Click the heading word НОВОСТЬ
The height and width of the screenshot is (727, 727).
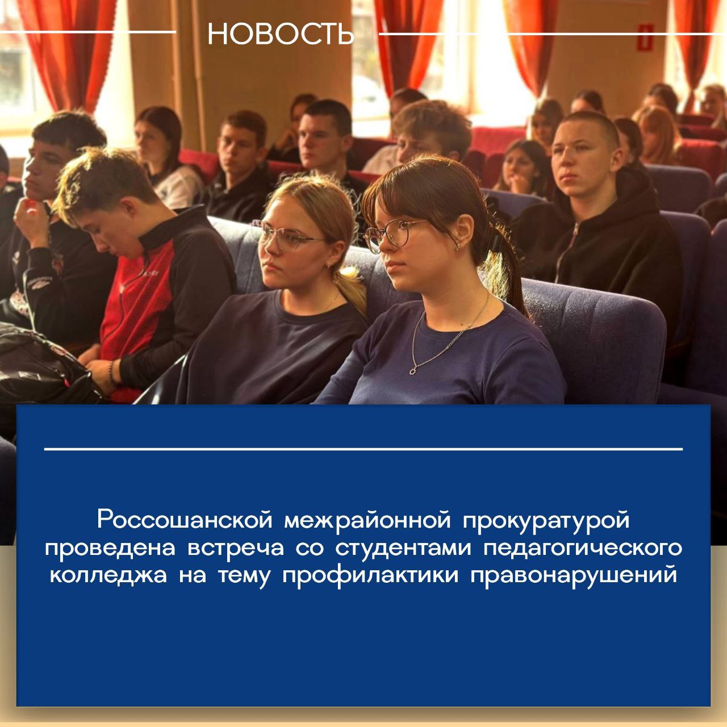(281, 34)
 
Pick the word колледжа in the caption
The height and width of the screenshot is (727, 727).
(108, 575)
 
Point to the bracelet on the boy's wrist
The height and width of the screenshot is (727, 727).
(112, 372)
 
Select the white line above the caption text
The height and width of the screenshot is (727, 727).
(363, 449)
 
